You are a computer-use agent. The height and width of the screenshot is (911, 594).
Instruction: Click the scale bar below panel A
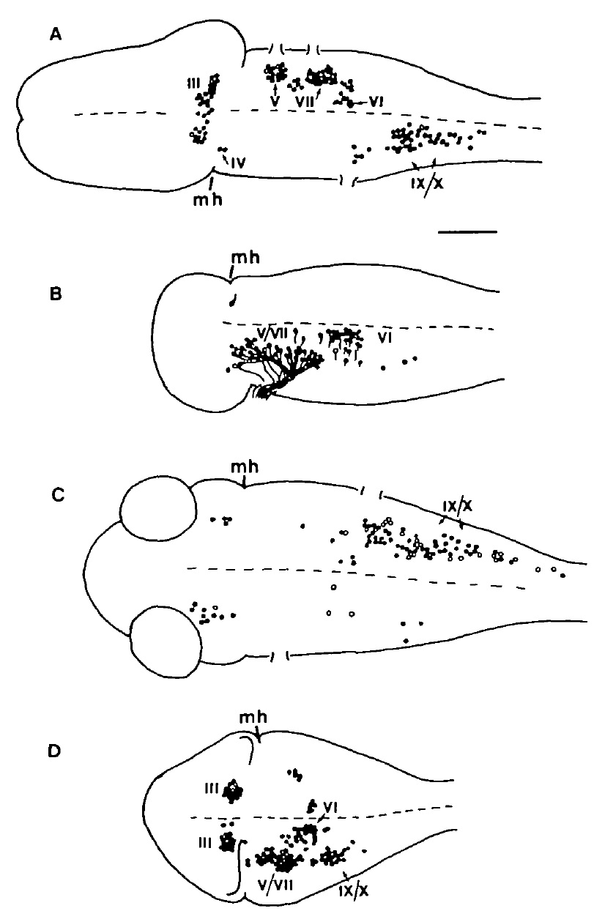[467, 232]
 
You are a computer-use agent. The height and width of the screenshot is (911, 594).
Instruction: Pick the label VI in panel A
[373, 103]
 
